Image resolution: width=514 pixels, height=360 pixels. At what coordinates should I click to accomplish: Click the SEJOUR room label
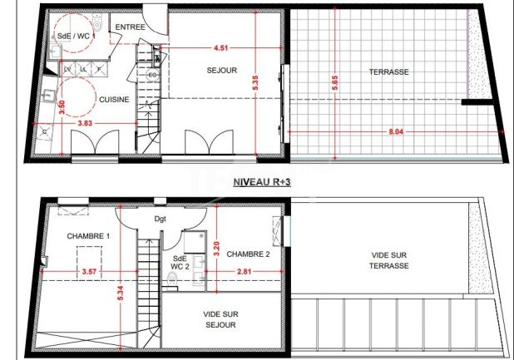coord(222,71)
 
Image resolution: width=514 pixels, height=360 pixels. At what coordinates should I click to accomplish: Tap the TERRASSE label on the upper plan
coord(388,72)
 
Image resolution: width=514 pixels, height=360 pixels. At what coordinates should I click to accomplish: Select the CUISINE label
coord(114,99)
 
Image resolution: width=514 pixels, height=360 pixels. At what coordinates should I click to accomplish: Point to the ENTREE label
coord(130,27)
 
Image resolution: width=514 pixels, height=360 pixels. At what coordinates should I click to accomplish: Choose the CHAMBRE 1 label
coord(89,236)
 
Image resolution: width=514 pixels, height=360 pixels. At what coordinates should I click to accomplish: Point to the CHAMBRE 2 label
coord(248,254)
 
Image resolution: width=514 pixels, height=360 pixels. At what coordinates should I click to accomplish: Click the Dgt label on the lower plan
coord(161,219)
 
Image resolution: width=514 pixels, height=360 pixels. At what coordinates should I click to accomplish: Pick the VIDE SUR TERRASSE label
coord(388,261)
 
